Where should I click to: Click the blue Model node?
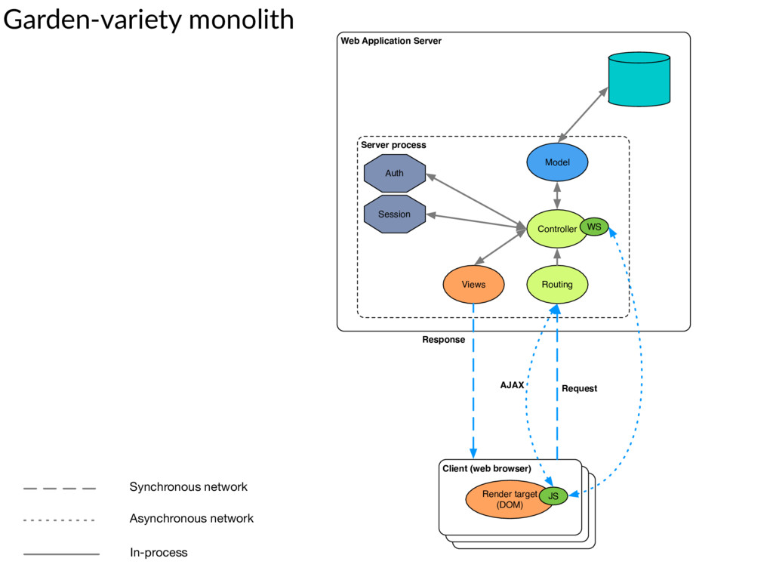557,162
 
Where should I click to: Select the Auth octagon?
394,173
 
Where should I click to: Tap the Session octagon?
394,214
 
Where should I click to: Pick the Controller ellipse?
556,229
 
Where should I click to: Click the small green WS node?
594,227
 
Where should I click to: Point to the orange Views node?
474,285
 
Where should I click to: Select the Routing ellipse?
557,285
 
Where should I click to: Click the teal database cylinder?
639,79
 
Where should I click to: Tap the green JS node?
553,495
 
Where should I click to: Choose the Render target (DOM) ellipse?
510,499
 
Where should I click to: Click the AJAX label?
513,385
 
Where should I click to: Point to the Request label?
579,389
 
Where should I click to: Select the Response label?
443,340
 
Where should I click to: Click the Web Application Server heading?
391,41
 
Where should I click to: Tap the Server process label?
393,145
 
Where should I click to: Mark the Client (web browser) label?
487,468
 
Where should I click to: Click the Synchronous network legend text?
188,487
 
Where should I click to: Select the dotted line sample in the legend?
59,520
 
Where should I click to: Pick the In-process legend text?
159,553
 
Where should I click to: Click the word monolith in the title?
241,20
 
